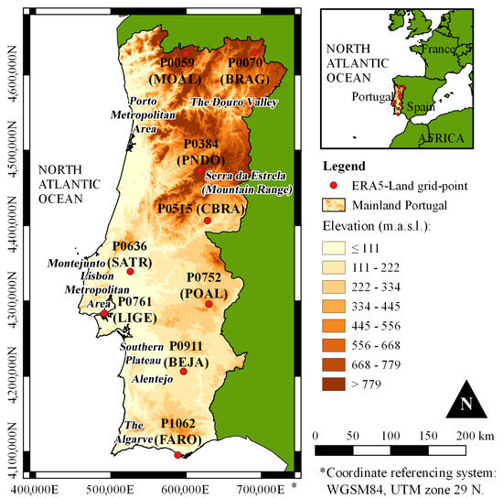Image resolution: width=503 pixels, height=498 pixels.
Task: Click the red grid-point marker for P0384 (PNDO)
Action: [200, 170]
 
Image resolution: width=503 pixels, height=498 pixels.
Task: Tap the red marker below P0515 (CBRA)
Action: [208, 221]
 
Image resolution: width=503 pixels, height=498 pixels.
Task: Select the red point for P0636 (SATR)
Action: [130, 271]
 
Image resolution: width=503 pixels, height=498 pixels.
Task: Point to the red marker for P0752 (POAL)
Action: [209, 304]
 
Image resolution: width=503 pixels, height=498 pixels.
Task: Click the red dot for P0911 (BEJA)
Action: [183, 371]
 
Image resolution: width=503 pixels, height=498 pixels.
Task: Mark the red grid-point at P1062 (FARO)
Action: [177, 454]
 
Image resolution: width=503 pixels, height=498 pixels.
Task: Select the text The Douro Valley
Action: [233, 103]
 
